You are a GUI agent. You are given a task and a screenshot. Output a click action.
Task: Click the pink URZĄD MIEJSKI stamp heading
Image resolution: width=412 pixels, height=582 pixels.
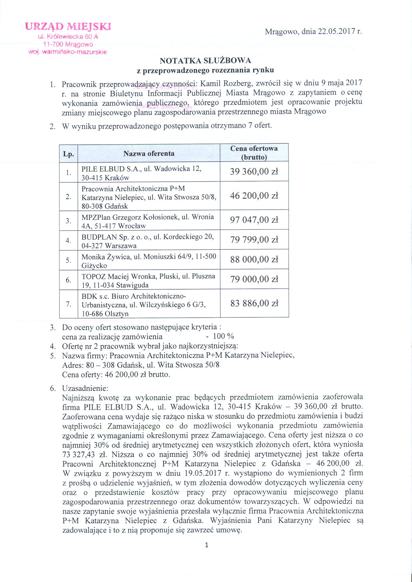click(68, 26)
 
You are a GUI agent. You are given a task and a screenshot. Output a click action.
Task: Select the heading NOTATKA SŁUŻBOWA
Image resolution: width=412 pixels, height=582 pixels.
click(205, 61)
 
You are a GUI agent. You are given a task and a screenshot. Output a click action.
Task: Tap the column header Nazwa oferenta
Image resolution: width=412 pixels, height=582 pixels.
click(149, 153)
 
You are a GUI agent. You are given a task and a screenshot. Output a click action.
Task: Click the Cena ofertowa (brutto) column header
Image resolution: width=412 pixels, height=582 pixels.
click(254, 153)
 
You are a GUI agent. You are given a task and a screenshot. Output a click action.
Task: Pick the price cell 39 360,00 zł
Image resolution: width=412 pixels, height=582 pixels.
click(254, 172)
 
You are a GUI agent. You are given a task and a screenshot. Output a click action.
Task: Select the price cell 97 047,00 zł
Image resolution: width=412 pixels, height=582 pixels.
click(254, 220)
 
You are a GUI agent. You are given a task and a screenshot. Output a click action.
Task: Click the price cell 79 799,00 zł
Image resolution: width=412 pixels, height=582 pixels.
click(254, 240)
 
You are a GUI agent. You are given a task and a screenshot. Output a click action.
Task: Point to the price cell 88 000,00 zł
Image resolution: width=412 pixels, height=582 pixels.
click(254, 260)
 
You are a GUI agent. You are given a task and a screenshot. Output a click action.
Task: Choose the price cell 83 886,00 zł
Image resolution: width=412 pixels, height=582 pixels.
click(254, 303)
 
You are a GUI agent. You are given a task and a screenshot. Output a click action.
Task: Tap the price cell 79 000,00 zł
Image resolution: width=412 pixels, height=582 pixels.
click(254, 279)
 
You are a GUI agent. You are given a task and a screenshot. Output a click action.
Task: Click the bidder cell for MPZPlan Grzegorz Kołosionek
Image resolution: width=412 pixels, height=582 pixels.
click(148, 221)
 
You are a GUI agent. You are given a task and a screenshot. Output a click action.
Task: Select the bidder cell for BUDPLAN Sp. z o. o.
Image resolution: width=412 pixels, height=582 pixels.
click(148, 241)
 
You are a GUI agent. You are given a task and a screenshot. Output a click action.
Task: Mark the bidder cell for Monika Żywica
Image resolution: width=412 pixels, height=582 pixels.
click(148, 261)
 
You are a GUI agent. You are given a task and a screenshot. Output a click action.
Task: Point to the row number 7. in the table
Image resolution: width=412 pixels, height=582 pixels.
click(68, 304)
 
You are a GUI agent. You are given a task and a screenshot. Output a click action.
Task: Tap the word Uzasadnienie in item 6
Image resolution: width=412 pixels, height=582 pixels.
click(85, 388)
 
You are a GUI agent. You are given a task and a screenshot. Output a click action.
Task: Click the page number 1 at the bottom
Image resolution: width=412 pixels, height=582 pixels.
click(207, 545)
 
